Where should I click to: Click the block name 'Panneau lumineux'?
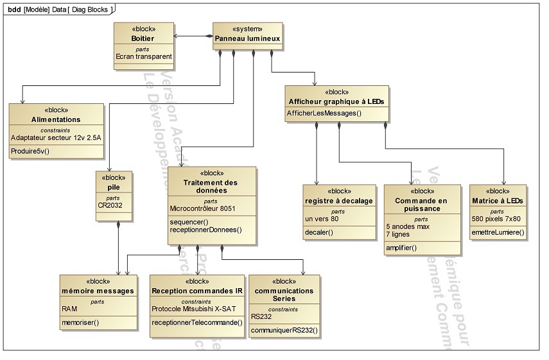247,39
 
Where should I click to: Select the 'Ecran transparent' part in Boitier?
143,56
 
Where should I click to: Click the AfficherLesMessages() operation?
324,114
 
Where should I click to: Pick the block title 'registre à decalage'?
338,201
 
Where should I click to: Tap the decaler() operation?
318,232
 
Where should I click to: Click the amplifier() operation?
402,248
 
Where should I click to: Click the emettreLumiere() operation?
498,232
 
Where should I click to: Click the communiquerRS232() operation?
284,330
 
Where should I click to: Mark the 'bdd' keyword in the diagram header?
12,9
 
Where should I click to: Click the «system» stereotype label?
247,30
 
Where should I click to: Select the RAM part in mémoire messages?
69,308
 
